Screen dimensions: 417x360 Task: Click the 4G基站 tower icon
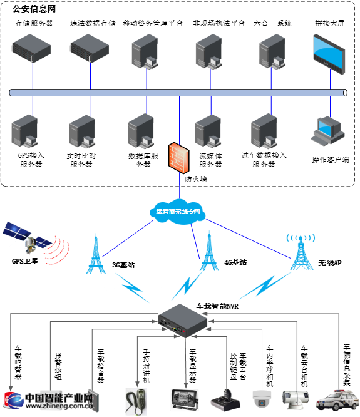208,254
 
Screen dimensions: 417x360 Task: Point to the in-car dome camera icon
261,397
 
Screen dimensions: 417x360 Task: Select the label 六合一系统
272,23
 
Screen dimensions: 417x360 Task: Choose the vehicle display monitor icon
185,398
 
